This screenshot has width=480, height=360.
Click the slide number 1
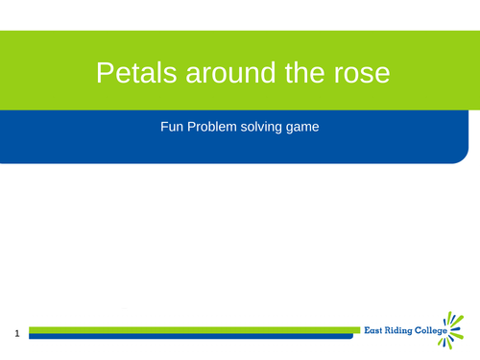click(17, 334)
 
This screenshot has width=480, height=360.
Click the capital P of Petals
click(104, 72)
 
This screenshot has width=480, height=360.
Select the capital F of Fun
click(164, 126)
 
